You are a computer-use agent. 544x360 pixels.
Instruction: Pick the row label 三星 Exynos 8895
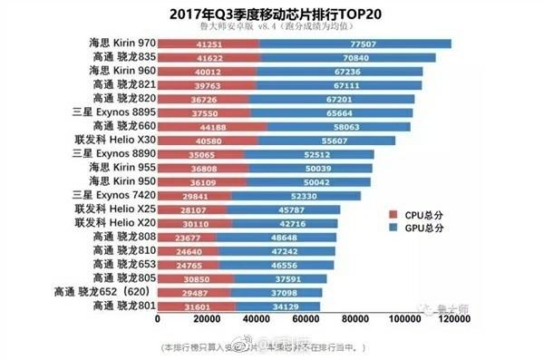pyautogui.click(x=117, y=112)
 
